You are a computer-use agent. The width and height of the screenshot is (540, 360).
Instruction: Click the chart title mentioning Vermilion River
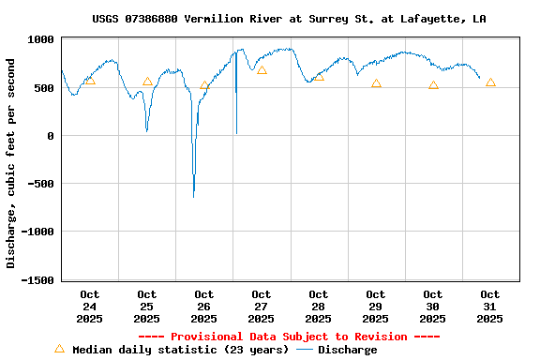coord(289,19)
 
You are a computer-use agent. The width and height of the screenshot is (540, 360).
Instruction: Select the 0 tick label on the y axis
coord(52,136)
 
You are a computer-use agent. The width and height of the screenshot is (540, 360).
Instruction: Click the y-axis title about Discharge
coord(11,163)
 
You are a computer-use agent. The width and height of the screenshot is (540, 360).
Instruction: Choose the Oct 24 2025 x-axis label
coord(90,307)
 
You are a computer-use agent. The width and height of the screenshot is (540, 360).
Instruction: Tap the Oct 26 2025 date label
coord(204,307)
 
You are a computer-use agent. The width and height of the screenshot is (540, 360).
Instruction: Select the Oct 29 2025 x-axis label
coord(376,307)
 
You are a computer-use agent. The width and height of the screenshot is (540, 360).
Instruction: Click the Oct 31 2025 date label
coord(490,307)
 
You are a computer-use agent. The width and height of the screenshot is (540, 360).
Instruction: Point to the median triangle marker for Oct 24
coord(90,81)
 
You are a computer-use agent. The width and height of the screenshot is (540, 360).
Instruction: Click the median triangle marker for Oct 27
coord(262,70)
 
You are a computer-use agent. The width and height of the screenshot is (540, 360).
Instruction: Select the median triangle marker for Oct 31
coord(490,82)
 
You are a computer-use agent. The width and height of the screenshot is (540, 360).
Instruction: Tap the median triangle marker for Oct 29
coord(376,84)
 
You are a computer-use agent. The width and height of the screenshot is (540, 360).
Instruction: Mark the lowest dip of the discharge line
coord(194,196)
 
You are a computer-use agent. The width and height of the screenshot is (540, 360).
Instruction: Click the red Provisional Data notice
coord(289,337)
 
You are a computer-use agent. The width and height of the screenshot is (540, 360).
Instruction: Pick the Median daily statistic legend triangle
coord(60,349)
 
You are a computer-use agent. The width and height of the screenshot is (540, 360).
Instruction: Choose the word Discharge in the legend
coord(347,350)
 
